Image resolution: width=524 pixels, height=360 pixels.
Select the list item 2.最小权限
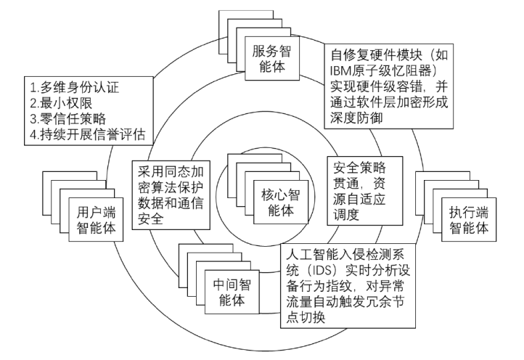tap(54, 105)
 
